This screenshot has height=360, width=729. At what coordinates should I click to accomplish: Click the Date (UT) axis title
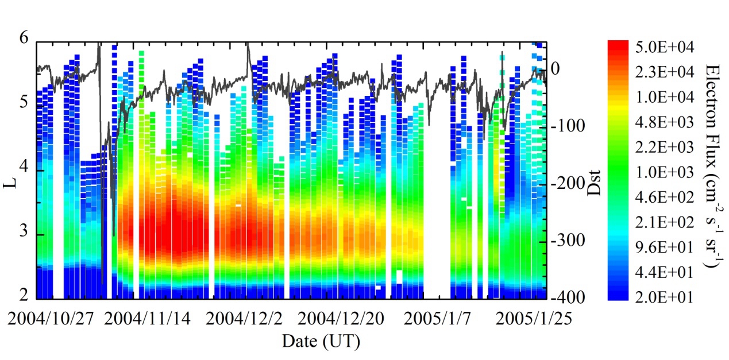(x=321, y=342)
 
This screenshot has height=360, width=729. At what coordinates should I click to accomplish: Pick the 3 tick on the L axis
(x=24, y=235)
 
